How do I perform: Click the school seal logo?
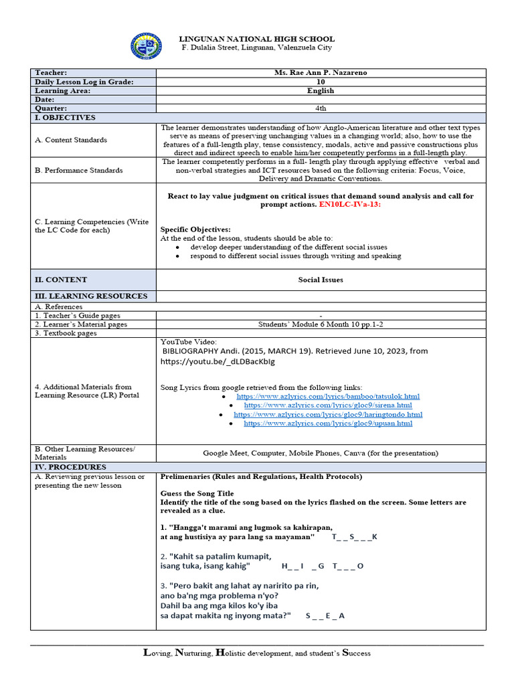click(x=145, y=45)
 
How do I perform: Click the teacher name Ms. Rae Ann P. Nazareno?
click(x=321, y=72)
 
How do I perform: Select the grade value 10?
click(x=321, y=82)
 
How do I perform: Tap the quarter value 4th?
click(x=321, y=108)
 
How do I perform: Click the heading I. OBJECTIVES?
click(x=65, y=118)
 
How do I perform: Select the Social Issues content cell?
click(x=321, y=280)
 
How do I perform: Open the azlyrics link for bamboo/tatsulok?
click(x=328, y=397)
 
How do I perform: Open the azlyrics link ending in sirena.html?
click(x=328, y=405)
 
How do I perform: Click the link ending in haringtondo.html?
click(x=328, y=414)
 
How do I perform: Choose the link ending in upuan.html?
click(x=328, y=423)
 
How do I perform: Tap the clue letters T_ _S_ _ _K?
click(x=355, y=537)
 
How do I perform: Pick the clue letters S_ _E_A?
click(x=325, y=615)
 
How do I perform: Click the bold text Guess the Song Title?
click(x=197, y=492)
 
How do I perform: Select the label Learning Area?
click(x=62, y=90)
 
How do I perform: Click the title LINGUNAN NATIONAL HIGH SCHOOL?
click(x=256, y=39)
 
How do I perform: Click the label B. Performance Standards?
click(x=79, y=170)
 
